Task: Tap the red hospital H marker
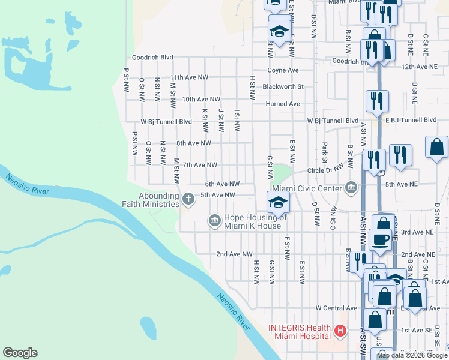click(340, 331)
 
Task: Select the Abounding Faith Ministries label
click(158, 200)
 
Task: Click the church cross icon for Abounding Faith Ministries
click(188, 199)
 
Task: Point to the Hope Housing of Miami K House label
click(252, 221)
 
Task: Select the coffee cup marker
click(380, 239)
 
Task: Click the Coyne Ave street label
click(283, 70)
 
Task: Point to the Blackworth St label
click(283, 86)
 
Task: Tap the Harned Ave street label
click(283, 103)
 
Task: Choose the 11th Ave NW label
click(189, 77)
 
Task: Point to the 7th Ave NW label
click(200, 164)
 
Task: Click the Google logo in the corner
click(20, 353)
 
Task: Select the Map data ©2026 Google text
click(411, 355)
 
